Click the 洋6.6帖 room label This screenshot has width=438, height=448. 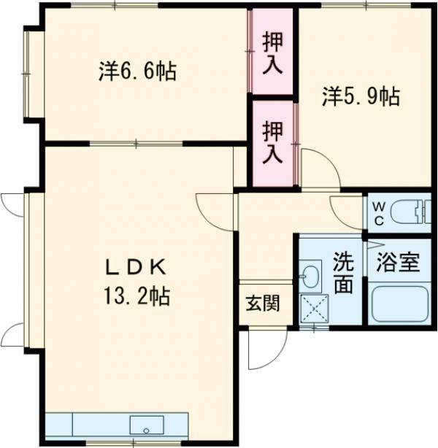(138, 72)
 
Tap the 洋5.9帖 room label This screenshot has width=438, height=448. (361, 96)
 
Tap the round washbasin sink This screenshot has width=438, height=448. (310, 277)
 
